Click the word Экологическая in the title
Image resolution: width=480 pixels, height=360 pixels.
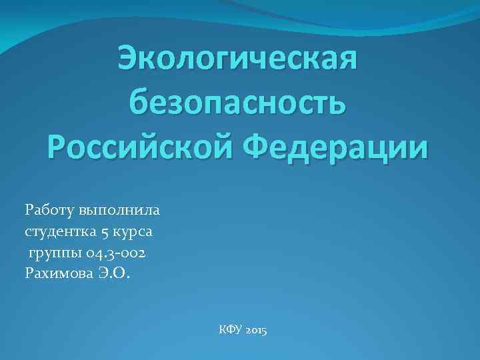[237, 61]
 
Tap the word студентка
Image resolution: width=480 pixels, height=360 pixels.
[60, 232]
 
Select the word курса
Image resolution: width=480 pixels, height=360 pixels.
[134, 232]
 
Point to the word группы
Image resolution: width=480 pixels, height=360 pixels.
[49, 254]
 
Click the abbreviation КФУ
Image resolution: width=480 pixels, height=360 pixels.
[230, 330]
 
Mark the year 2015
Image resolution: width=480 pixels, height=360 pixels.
[256, 330]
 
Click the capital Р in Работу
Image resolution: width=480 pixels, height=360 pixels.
[29, 211]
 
